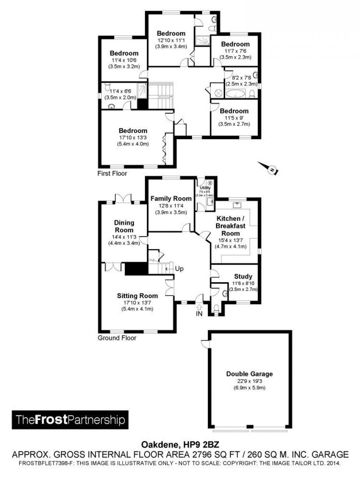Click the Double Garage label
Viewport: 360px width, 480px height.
tap(249, 374)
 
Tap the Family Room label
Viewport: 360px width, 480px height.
tap(171, 198)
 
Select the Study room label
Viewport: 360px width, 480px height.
tap(243, 276)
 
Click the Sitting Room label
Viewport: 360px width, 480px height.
tap(137, 295)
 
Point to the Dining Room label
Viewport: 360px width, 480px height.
tap(124, 226)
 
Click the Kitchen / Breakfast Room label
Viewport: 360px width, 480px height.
tap(231, 226)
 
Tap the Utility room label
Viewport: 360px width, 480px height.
tap(205, 188)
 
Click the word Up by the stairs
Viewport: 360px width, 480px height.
tap(179, 269)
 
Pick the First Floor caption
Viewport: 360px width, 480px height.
tap(112, 173)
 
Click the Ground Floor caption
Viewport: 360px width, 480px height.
tap(117, 338)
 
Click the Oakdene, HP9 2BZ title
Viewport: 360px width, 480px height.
tap(180, 444)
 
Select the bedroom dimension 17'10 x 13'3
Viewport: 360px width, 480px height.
tap(133, 137)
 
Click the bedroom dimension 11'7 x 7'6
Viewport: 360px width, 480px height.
tap(235, 51)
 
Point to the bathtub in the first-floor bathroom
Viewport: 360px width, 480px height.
tap(235, 94)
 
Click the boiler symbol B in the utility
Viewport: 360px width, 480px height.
tap(210, 182)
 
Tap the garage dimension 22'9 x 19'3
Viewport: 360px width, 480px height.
tap(249, 381)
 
